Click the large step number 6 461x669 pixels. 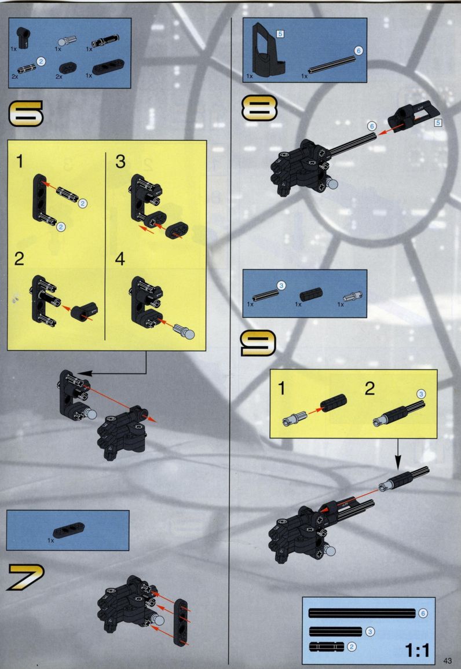click(25, 113)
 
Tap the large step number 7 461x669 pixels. click(25, 577)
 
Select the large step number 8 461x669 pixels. click(259, 108)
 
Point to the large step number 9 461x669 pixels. click(258, 343)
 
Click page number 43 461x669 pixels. click(447, 660)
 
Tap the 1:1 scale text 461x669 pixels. click(417, 650)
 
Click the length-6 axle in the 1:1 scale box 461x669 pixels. click(361, 613)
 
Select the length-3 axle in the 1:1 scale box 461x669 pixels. click(335, 631)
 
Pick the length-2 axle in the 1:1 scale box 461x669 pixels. click(326, 647)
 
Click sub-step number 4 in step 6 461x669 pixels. click(120, 259)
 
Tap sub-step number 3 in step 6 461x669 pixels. click(120, 162)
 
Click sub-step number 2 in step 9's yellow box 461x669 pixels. click(369, 388)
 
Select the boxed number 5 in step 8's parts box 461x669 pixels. click(280, 34)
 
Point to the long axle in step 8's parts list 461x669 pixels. click(332, 64)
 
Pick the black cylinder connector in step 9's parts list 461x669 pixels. click(311, 294)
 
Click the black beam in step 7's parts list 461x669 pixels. click(69, 530)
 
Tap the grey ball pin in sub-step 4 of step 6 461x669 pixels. click(184, 331)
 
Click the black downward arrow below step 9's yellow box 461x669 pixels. click(397, 454)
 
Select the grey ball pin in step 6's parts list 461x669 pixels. click(65, 41)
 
